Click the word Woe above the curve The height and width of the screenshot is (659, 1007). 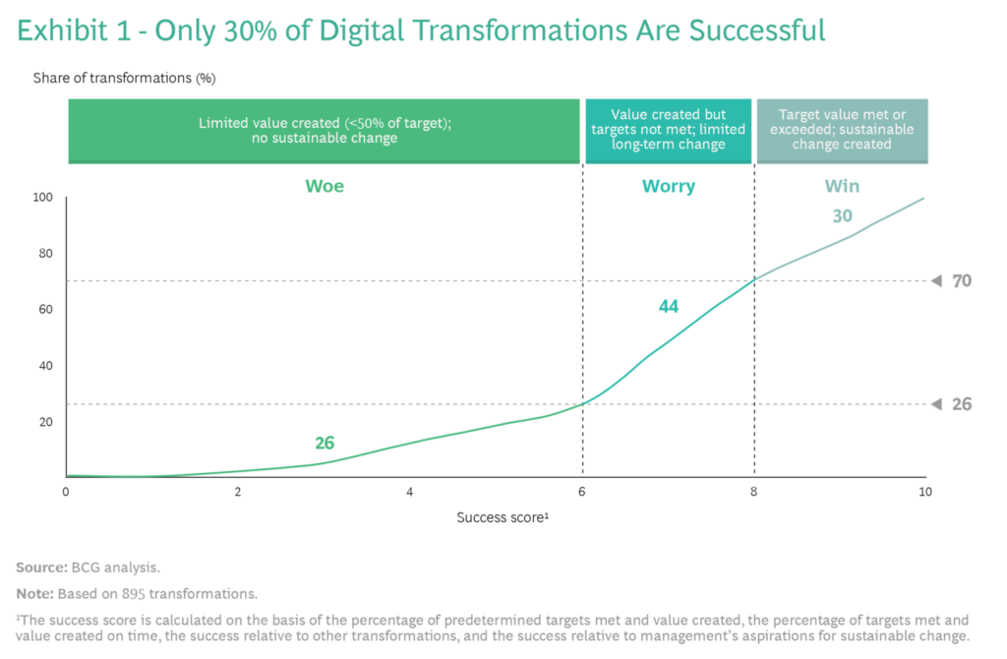coord(325,186)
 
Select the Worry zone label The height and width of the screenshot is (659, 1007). coord(669,186)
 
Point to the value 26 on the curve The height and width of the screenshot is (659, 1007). coord(325,444)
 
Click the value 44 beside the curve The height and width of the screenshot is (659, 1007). coord(669,307)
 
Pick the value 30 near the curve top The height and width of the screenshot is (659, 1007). coord(842,216)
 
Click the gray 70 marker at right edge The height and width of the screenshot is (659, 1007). coord(961,281)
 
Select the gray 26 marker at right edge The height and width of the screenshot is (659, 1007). coord(961,403)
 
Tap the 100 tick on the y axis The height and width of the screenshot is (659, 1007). coord(41,198)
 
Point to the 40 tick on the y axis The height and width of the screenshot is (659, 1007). coord(43,366)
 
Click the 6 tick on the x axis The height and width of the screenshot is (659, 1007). coord(582,492)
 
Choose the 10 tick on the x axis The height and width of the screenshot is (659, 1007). coord(923,492)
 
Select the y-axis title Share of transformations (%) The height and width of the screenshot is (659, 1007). coord(124,78)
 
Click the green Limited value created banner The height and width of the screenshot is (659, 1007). coord(325,130)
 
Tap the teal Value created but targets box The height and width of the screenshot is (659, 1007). coord(669,130)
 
